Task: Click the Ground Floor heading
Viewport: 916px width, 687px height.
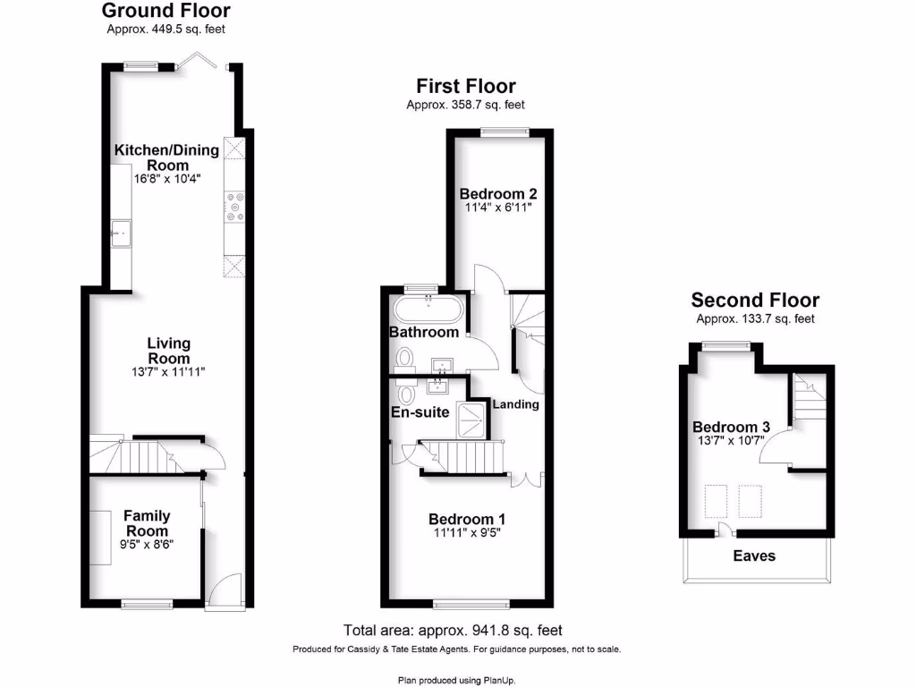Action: pyautogui.click(x=165, y=11)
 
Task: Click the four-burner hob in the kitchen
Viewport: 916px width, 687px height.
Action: pyautogui.click(x=235, y=207)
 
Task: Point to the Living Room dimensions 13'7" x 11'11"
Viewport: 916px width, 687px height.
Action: pyautogui.click(x=169, y=372)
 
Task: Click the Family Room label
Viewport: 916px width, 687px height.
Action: pyautogui.click(x=147, y=523)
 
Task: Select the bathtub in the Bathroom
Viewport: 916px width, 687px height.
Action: pyautogui.click(x=428, y=312)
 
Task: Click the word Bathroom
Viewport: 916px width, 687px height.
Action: pyautogui.click(x=423, y=333)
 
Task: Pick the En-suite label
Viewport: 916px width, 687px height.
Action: pyautogui.click(x=420, y=412)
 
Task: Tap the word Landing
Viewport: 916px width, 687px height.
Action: pyautogui.click(x=516, y=404)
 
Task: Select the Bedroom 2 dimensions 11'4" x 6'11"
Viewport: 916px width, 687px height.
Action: pyautogui.click(x=498, y=208)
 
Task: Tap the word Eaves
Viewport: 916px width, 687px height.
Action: pyautogui.click(x=754, y=556)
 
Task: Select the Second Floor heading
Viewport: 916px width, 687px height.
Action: pyautogui.click(x=755, y=301)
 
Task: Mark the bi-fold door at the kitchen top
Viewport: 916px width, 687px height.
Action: pyautogui.click(x=194, y=61)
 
